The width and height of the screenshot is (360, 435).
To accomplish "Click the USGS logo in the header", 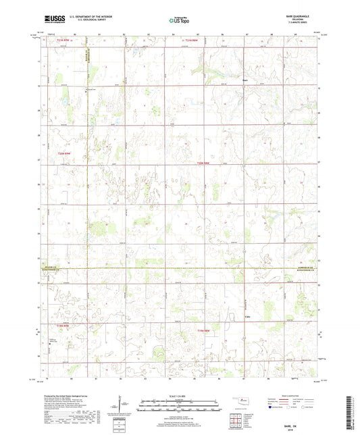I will click(x=51, y=20).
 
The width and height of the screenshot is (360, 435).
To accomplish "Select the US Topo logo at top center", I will click(x=179, y=20).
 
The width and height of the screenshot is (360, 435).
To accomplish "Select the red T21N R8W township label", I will click(x=194, y=42).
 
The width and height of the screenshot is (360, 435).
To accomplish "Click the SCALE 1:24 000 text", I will click(x=180, y=396).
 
